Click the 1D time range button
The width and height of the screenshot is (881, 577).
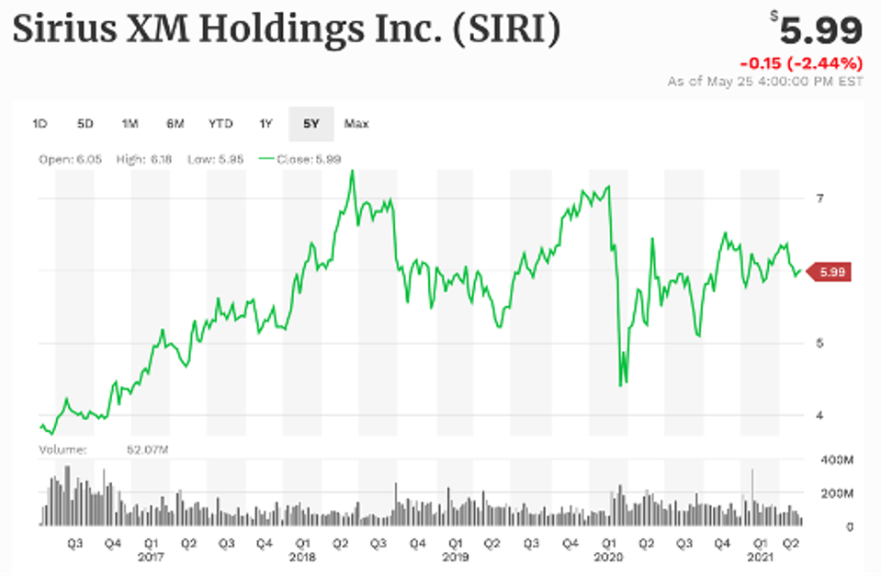pyautogui.click(x=40, y=123)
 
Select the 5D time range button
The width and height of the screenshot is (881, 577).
pyautogui.click(x=85, y=123)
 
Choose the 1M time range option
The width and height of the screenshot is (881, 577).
pyautogui.click(x=130, y=123)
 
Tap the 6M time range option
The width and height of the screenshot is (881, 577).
pyautogui.click(x=175, y=123)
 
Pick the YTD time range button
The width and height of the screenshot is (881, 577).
pyautogui.click(x=220, y=123)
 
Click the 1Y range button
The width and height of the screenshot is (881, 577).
pyautogui.click(x=266, y=123)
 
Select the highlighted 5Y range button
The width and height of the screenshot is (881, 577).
pyautogui.click(x=311, y=123)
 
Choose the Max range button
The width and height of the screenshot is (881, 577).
pyautogui.click(x=356, y=123)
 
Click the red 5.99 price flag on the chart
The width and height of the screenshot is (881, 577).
pyautogui.click(x=830, y=271)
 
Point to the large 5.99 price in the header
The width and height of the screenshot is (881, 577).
pyautogui.click(x=820, y=31)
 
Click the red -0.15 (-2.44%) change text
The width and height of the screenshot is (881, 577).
pyautogui.click(x=801, y=63)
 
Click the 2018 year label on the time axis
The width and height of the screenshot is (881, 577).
pyautogui.click(x=303, y=557)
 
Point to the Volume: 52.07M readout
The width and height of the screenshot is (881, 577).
pyautogui.click(x=104, y=449)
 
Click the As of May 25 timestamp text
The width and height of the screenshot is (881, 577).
pyautogui.click(x=766, y=82)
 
